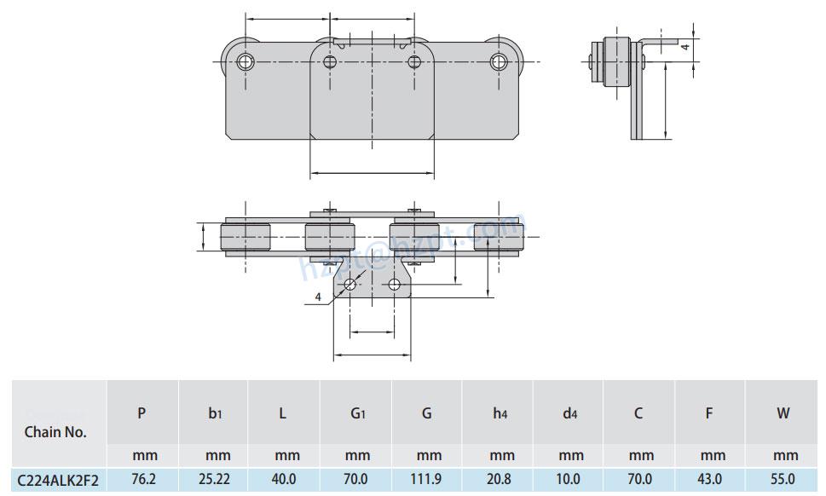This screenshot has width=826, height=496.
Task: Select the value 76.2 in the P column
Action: [x=142, y=481]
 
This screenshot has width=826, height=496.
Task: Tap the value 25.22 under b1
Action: [x=213, y=481]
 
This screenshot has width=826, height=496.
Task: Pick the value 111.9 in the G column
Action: [x=425, y=481]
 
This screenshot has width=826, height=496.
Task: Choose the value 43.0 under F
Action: [x=709, y=481]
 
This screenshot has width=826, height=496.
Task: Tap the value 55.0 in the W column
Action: [x=783, y=481]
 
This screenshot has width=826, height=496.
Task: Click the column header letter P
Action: [x=142, y=414]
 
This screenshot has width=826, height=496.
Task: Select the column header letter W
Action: [x=783, y=414]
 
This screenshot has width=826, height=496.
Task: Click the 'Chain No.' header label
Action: [x=55, y=431]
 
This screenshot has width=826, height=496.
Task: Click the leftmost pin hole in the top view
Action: [x=245, y=61]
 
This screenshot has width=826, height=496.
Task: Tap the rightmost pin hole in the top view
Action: [x=499, y=61]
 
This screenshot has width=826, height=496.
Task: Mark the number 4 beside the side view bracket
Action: [x=684, y=48]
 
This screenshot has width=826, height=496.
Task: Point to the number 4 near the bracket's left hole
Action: [x=318, y=297]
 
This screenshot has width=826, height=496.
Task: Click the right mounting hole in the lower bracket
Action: [x=394, y=285]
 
